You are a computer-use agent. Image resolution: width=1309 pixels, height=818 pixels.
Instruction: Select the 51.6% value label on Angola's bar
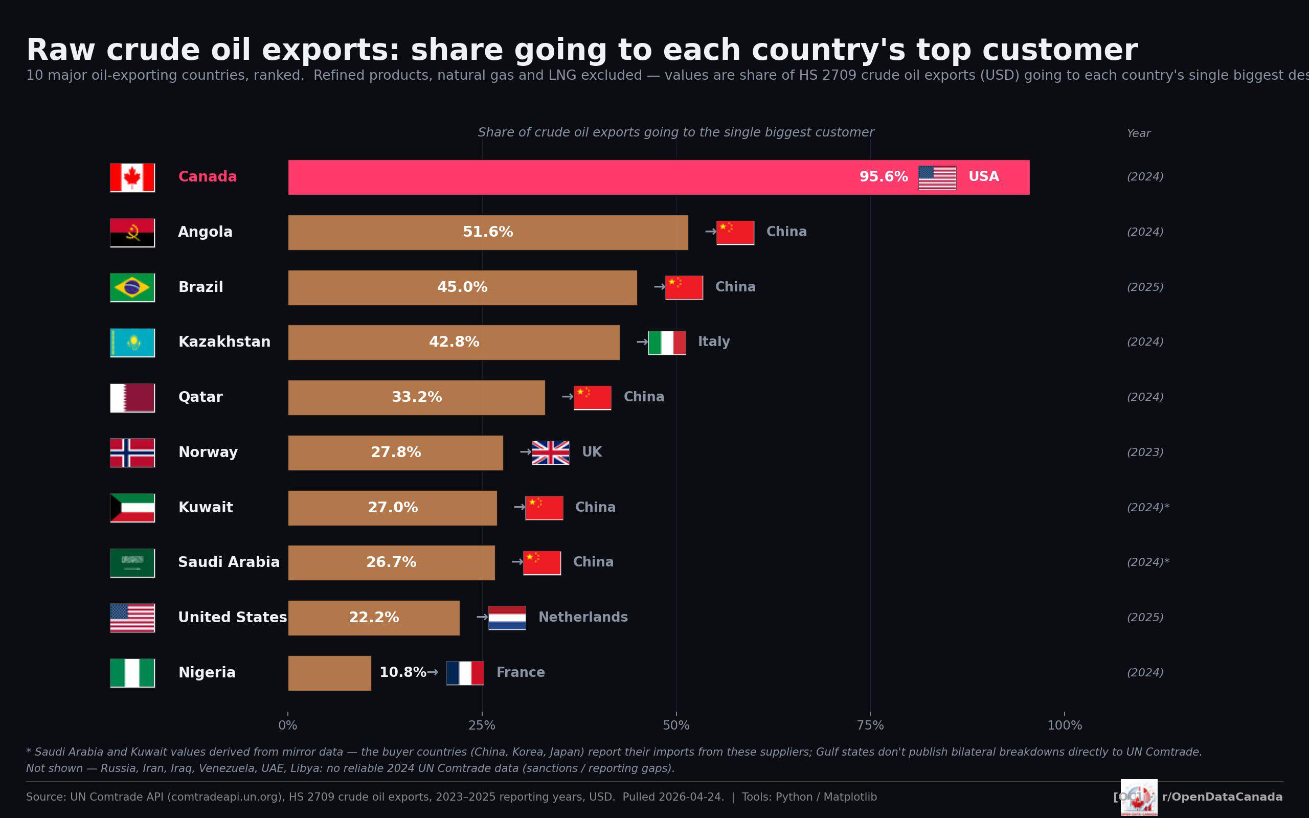[487, 232]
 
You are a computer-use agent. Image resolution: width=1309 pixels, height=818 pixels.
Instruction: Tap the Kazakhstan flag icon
[132, 343]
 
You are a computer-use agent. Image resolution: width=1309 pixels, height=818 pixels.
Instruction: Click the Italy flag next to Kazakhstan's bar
[666, 343]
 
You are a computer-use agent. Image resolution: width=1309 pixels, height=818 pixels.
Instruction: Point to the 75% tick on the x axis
[870, 725]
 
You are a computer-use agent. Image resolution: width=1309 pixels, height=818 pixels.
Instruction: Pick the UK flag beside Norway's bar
[550, 452]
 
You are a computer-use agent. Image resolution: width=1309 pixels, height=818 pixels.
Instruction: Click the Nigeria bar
[329, 672]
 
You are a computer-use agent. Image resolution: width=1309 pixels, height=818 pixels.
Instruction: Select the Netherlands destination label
[582, 617]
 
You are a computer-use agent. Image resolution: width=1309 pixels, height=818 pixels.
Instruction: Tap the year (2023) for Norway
[1144, 452]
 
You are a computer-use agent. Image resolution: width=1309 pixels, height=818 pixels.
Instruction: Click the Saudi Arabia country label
[229, 562]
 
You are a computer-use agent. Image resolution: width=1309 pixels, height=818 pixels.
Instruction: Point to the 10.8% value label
[402, 672]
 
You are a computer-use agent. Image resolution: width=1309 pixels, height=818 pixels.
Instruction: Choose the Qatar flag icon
[132, 398]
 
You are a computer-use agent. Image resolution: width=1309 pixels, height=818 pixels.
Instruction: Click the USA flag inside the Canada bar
[937, 177]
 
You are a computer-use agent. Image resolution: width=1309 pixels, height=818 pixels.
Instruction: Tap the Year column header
[1138, 133]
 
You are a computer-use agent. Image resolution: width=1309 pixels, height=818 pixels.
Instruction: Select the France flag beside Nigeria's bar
[465, 672]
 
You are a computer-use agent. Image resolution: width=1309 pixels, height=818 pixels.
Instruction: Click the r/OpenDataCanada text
[1222, 797]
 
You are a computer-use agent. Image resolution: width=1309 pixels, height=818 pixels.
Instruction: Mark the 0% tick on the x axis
[288, 725]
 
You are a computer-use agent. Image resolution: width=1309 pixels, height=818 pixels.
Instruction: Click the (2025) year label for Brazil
[1144, 287]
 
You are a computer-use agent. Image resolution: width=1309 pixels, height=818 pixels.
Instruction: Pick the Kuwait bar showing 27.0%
[392, 508]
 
